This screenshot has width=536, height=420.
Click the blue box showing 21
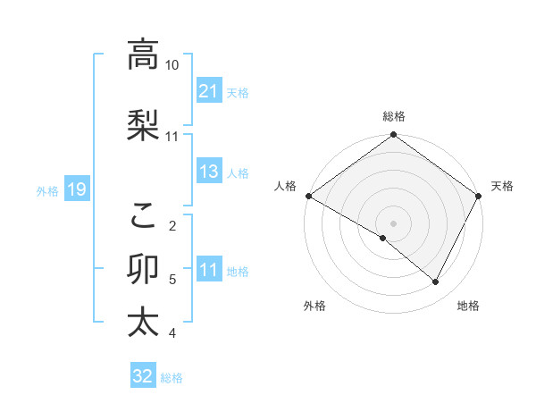point(209,90)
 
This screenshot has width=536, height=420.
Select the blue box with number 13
point(209,172)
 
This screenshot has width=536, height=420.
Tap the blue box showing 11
point(209,270)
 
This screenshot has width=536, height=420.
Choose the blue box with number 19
point(76,189)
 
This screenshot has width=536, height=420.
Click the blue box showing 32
point(143,376)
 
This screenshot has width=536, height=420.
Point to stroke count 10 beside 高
point(172,65)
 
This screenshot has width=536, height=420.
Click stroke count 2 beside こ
point(172,225)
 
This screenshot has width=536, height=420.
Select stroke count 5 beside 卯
point(172,280)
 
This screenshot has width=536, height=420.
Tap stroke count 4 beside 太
point(172,333)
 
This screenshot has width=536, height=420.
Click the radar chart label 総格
point(394,116)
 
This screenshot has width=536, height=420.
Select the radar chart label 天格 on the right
point(502,186)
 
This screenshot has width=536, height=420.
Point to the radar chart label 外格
point(314,306)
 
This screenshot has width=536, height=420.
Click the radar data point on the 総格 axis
point(394,136)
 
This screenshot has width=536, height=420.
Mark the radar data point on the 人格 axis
point(308,196)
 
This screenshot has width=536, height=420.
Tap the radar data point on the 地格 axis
point(436,281)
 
